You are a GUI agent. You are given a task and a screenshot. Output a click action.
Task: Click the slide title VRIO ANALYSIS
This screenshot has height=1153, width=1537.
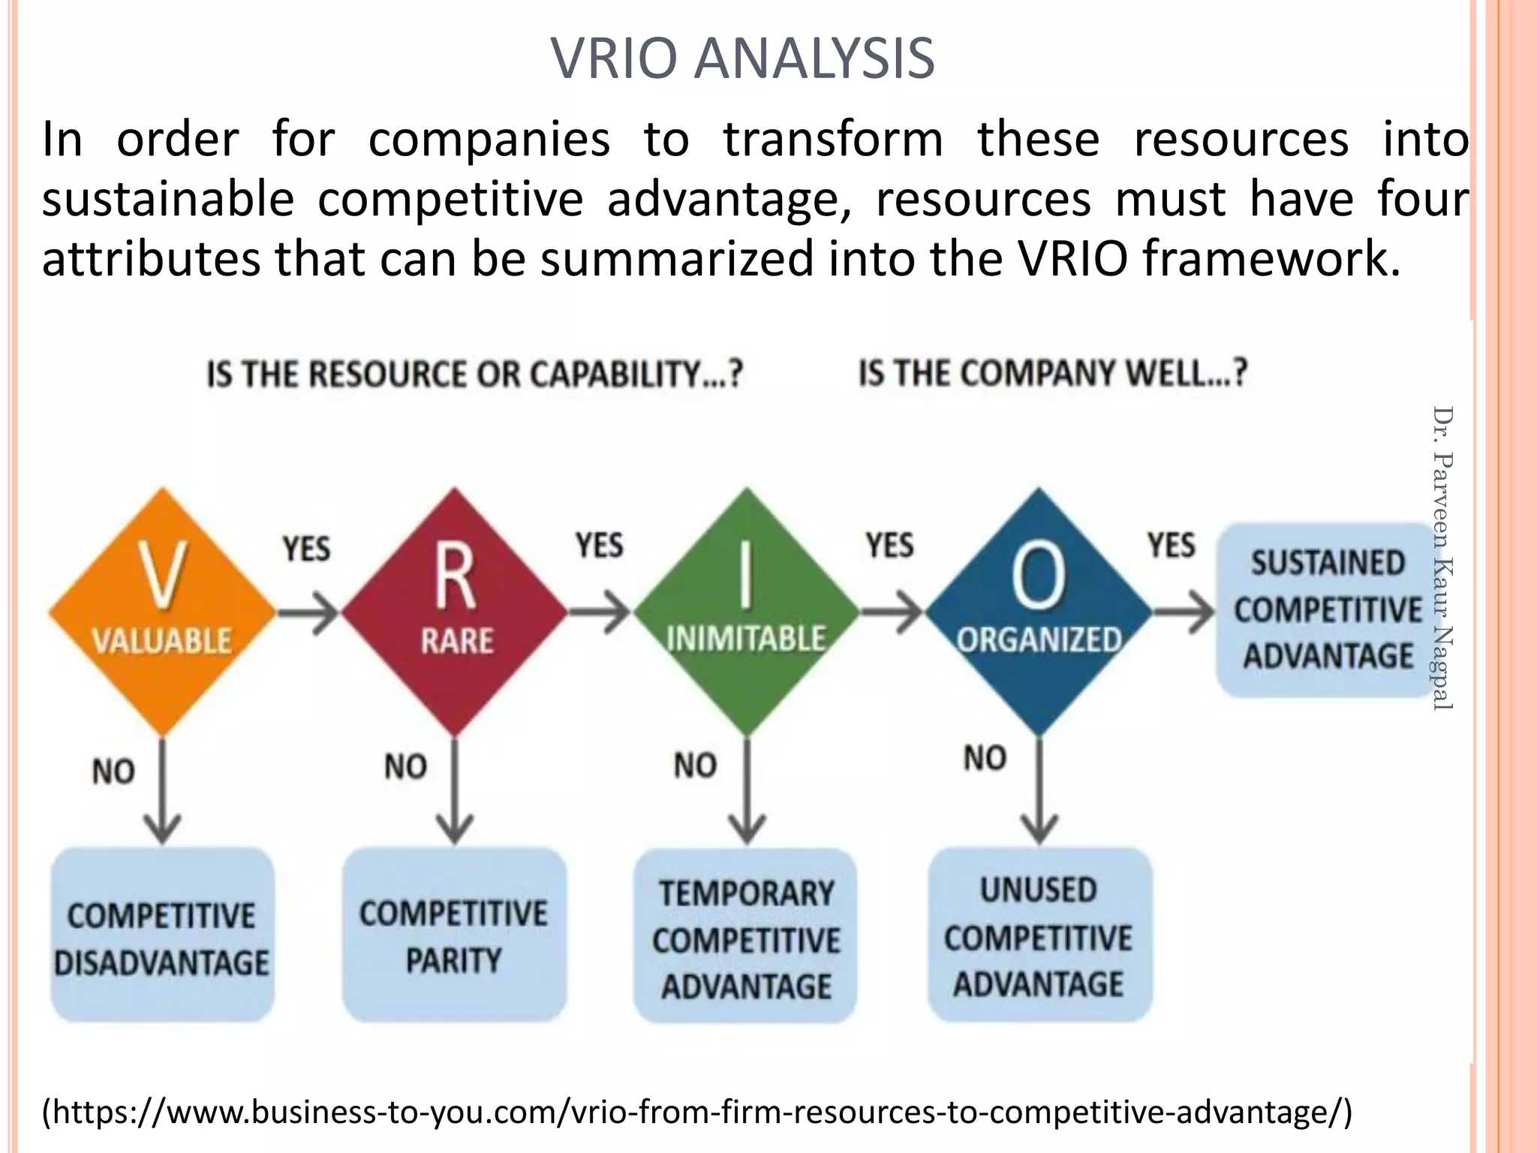coord(742,59)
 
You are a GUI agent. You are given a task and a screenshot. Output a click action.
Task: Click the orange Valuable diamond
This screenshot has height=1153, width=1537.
coord(162,612)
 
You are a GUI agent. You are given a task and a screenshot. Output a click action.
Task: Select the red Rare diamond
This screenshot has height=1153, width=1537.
coord(455,612)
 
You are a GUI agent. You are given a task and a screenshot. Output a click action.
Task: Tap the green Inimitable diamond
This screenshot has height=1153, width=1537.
coord(746,612)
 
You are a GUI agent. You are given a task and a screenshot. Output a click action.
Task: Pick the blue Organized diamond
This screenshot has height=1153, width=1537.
coord(1039,612)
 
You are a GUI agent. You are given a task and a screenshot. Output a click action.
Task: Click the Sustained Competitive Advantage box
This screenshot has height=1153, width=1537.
coord(1327,610)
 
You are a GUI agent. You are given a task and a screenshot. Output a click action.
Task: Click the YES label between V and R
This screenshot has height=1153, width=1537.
coord(306,549)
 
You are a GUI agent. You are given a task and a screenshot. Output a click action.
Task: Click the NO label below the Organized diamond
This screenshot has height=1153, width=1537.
coord(985,758)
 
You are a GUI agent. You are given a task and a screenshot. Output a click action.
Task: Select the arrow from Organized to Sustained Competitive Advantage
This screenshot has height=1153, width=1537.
coord(1184,613)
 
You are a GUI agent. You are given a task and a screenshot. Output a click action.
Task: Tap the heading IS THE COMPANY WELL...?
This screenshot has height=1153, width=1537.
coord(1053,373)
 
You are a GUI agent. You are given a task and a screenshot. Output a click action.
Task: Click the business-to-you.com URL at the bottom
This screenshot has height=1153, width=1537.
coord(697,1112)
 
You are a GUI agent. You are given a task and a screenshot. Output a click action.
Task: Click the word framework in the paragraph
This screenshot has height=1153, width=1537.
coord(1271,259)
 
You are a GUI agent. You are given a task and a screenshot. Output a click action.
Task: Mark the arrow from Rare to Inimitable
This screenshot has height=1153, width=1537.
coord(600,611)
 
